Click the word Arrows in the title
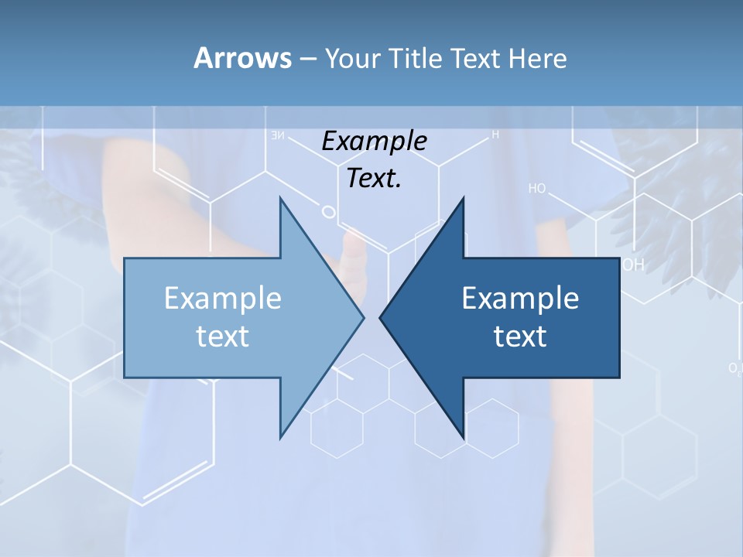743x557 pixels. [x=241, y=58]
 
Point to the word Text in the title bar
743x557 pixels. [x=477, y=58]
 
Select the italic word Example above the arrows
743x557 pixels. [x=374, y=141]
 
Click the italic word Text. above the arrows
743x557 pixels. [x=374, y=178]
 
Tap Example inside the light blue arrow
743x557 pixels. [x=223, y=298]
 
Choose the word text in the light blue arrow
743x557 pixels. [x=223, y=336]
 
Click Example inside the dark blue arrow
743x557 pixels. [x=520, y=298]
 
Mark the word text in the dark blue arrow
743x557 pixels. [x=520, y=336]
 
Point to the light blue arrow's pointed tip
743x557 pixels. [x=363, y=317]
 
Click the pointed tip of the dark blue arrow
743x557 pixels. [x=381, y=317]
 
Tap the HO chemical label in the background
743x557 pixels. [x=537, y=188]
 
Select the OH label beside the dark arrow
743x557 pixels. [x=633, y=265]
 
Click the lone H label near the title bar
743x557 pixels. [x=495, y=135]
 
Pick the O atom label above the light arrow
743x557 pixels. [x=327, y=210]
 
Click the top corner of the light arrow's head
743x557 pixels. [x=281, y=198]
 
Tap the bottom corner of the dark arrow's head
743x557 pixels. [x=464, y=438]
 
